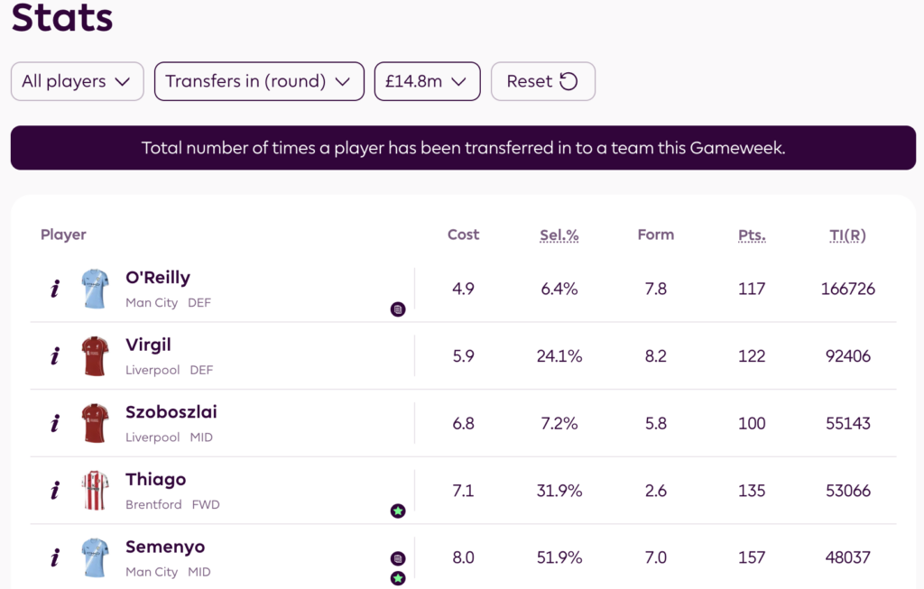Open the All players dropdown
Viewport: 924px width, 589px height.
click(77, 81)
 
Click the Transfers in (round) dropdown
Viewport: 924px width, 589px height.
click(258, 81)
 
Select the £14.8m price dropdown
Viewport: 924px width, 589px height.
click(427, 81)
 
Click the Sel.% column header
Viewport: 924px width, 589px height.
click(559, 235)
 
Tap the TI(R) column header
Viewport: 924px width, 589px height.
click(847, 235)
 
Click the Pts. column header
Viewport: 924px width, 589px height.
click(752, 235)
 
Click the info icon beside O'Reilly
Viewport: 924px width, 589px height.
click(55, 289)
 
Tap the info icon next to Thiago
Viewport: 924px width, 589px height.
click(55, 491)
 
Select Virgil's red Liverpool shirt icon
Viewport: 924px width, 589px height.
click(95, 356)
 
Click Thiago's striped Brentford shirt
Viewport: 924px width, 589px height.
click(95, 491)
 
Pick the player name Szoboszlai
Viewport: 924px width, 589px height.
click(171, 412)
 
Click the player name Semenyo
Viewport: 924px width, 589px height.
click(165, 547)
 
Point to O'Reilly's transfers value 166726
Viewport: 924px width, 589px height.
click(847, 289)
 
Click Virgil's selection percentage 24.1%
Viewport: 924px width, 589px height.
click(559, 356)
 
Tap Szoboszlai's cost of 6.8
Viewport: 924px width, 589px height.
click(463, 423)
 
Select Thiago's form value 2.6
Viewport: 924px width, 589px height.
click(656, 491)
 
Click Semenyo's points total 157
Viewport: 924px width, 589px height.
click(752, 557)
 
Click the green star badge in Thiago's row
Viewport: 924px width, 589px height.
click(398, 511)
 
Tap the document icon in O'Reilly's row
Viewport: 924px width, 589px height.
click(398, 309)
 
